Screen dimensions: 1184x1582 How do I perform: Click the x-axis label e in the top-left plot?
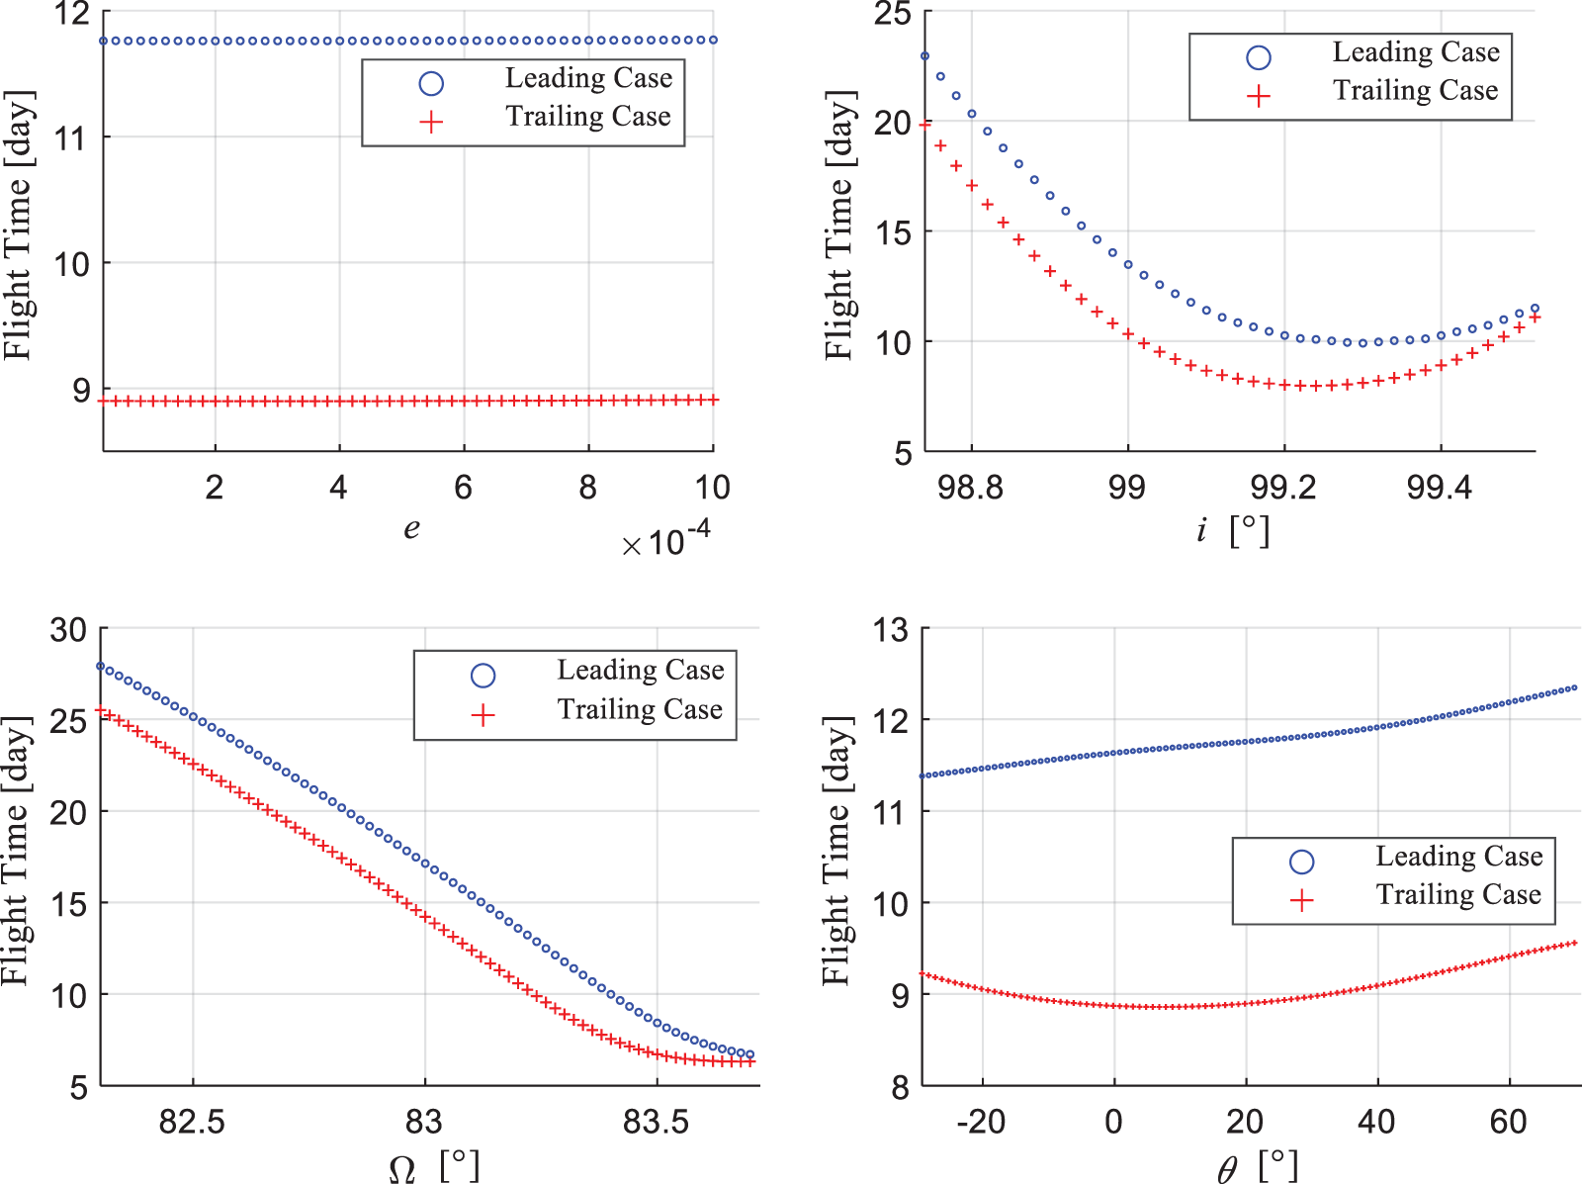coord(411,529)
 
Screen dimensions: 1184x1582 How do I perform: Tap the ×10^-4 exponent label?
coord(666,540)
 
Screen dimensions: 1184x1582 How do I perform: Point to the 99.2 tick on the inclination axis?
coord(1283,487)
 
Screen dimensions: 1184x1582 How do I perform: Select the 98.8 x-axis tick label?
coord(970,487)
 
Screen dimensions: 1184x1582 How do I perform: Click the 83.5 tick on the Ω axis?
coord(656,1122)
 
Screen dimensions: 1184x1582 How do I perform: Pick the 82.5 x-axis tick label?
coord(192,1122)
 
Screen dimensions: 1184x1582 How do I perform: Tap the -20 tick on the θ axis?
coord(981,1122)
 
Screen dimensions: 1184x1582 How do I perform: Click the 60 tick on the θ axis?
coord(1509,1122)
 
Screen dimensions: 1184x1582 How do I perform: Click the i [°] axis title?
coord(1231,531)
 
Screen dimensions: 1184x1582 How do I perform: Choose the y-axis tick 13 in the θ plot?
coord(891,630)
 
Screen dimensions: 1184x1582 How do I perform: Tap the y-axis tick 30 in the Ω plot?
coord(68,630)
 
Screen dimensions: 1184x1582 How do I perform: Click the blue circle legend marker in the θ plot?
coord(1302,862)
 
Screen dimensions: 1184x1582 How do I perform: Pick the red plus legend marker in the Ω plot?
coord(483,715)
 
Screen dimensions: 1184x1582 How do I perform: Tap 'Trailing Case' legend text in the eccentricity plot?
coord(588,117)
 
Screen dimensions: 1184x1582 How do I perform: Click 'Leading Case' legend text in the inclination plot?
coord(1416,52)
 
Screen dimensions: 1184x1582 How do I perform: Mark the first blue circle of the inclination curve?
coord(925,56)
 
